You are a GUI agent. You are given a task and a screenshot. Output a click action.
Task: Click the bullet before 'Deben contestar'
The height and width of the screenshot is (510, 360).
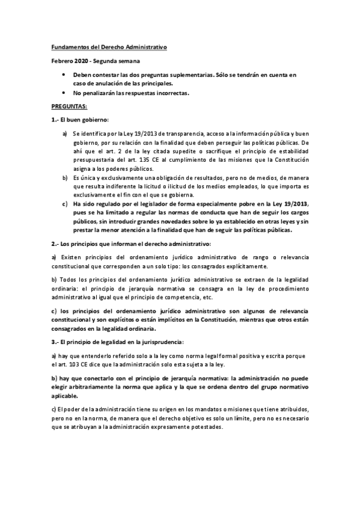(64, 75)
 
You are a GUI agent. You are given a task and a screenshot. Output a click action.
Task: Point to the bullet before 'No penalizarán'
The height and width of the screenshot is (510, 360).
(64, 93)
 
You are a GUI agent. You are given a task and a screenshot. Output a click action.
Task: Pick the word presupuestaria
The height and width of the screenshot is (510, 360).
(95, 161)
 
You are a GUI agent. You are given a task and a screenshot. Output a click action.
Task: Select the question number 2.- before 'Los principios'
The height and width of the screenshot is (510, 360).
(54, 244)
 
